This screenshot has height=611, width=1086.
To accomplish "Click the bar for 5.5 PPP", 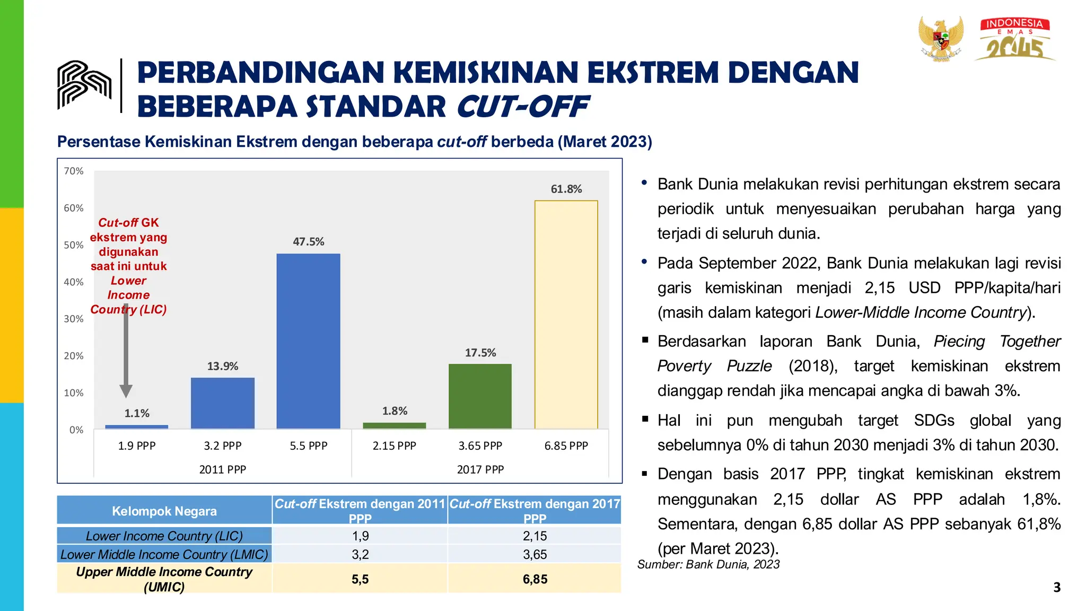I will coord(308,341).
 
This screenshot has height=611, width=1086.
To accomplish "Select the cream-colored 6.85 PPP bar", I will coord(566,315).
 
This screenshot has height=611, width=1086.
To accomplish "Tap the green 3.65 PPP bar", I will coord(480,396).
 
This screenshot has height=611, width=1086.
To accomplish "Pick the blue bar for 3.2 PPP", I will coord(222,403).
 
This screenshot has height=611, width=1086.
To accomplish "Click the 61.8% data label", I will coord(566,189).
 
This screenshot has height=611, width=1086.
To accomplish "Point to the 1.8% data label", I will coord(395,411).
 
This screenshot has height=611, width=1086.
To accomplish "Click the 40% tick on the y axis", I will coord(74,282).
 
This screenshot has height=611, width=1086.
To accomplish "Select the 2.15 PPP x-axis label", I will coord(394,446).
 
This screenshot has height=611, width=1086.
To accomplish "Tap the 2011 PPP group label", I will coord(222,469).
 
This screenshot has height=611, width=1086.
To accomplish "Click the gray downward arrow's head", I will coord(126,391).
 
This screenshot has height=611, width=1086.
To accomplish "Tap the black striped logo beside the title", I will coord(84,85).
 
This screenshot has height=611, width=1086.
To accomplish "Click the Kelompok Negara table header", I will coord(164,511).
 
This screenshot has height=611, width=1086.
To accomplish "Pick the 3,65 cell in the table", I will coord(535,554).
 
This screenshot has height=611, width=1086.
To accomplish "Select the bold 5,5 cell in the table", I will coord(360,579).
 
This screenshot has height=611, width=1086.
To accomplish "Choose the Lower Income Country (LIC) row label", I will coord(164,536).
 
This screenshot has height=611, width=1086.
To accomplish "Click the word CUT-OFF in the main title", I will coord(522,107).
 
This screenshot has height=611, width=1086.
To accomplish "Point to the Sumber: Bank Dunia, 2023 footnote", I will coord(708,564).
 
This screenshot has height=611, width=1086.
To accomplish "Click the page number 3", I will coord(1056,588).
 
